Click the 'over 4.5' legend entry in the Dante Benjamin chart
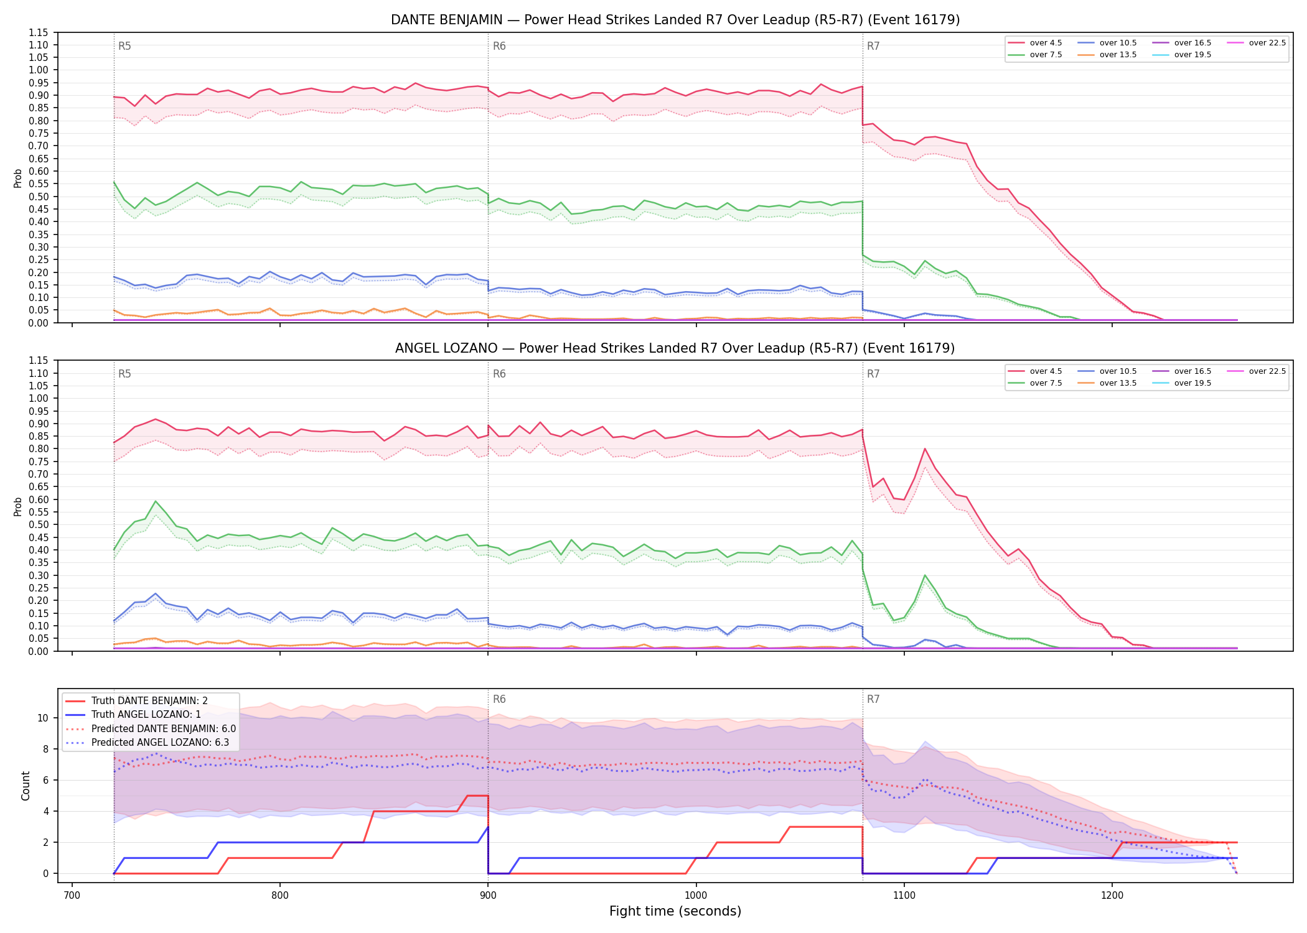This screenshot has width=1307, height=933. [x=1035, y=43]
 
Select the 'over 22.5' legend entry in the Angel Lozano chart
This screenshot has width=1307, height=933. [x=1256, y=371]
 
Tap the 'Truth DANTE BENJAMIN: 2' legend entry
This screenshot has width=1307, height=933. [x=137, y=701]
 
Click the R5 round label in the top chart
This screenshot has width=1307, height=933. [x=124, y=46]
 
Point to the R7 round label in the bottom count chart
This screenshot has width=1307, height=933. [x=873, y=699]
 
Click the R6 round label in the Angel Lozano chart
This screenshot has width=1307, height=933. [x=499, y=374]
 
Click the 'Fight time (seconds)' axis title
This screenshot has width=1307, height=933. [x=675, y=911]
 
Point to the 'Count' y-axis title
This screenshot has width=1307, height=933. [x=26, y=786]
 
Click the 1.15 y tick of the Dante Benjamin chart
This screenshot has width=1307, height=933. [x=39, y=32]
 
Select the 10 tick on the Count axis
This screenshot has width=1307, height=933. [x=43, y=718]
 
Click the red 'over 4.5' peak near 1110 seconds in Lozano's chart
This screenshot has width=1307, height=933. [x=925, y=448]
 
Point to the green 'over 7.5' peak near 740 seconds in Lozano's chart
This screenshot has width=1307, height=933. [x=156, y=501]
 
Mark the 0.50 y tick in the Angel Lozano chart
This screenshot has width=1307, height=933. [x=39, y=524]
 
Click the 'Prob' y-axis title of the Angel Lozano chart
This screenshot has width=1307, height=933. [x=18, y=506]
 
